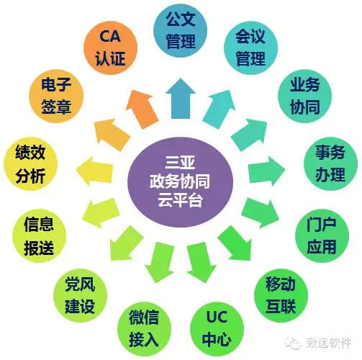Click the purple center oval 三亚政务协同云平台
click(x=180, y=182)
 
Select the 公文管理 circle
click(x=180, y=30)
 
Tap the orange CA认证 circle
click(x=110, y=48)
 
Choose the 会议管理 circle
click(x=250, y=48)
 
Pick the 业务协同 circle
click(x=304, y=96)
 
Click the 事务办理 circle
click(x=330, y=164)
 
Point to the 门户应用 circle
click(x=322, y=235)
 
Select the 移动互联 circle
click(x=281, y=295)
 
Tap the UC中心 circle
click(x=217, y=329)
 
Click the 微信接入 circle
click(x=144, y=329)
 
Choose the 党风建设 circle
click(x=80, y=295)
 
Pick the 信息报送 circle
click(x=39, y=235)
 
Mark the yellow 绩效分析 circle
click(x=30, y=164)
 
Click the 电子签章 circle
click(x=56, y=96)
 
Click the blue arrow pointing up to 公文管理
click(x=181, y=99)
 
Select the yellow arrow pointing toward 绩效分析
click(x=94, y=171)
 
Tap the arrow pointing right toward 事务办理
click(x=266, y=171)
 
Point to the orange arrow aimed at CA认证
click(x=142, y=109)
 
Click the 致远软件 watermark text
click(x=328, y=343)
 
